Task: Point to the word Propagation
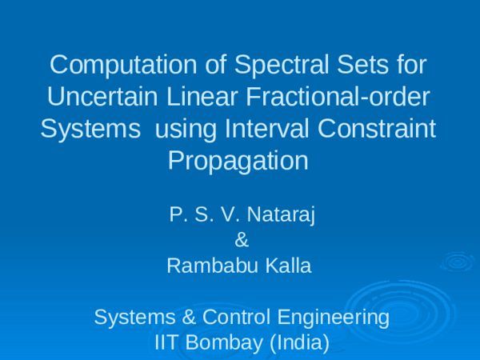[x=238, y=160]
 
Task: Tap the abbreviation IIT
[x=166, y=343]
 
